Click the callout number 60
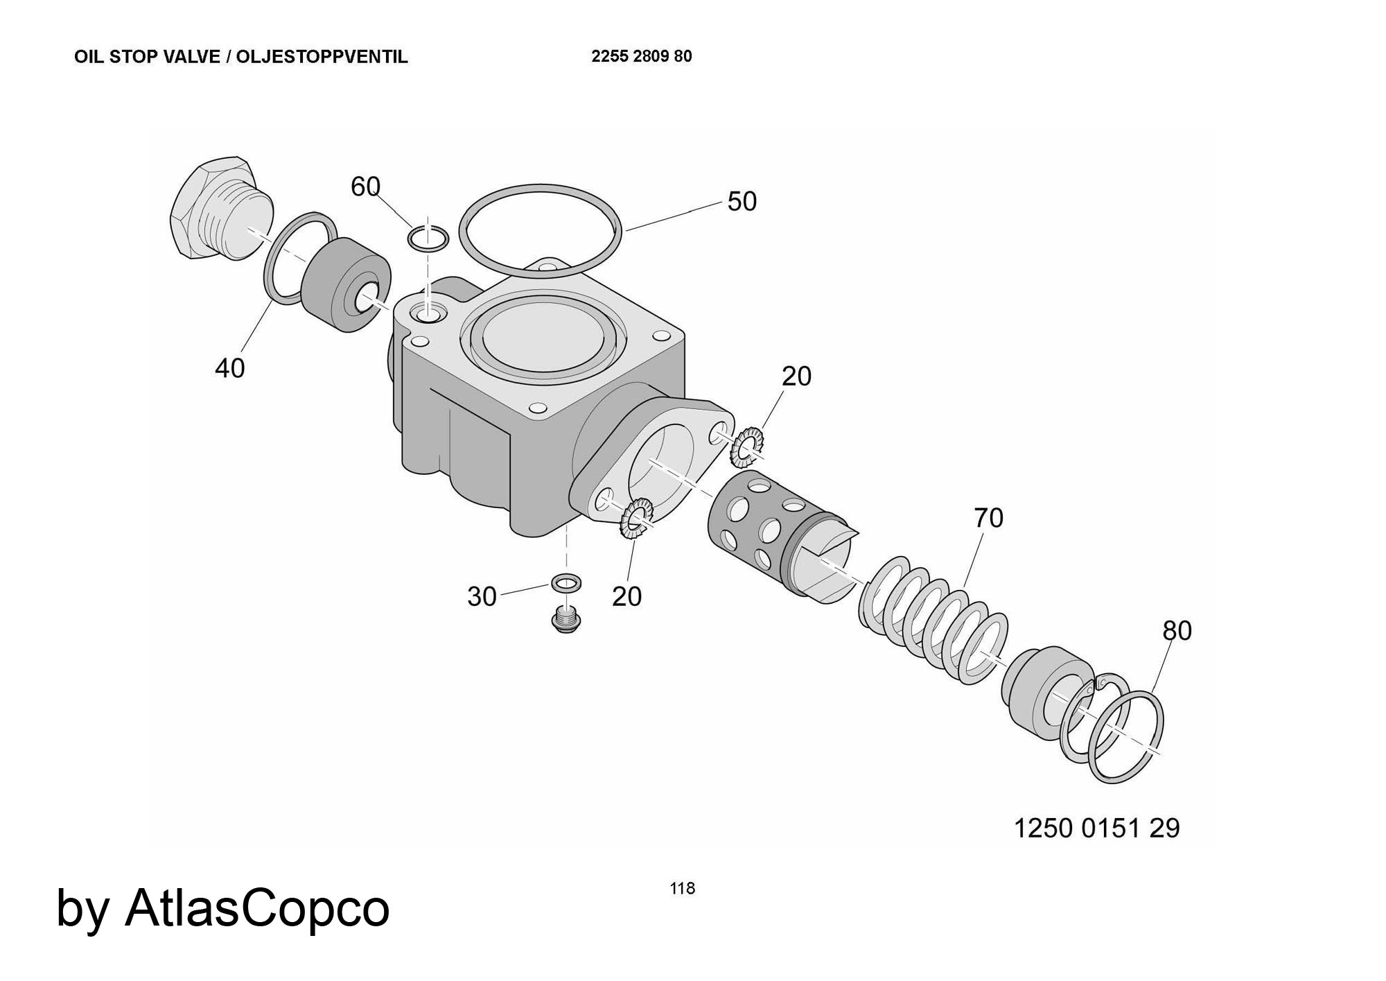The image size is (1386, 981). [365, 186]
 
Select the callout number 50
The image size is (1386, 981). [742, 202]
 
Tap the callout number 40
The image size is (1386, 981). [229, 368]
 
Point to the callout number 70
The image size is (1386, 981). [988, 518]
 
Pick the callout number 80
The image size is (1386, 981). [1177, 631]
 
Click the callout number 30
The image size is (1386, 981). [482, 597]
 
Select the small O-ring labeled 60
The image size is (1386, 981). [428, 239]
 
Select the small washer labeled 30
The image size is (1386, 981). [566, 583]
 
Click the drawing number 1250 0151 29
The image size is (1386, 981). [1096, 828]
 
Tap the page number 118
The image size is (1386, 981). [682, 888]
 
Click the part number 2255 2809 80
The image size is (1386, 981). [641, 57]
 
